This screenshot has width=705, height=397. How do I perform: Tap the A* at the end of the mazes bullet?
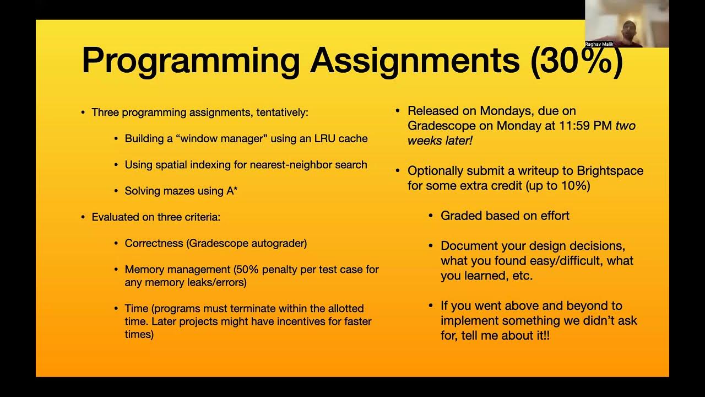pos(232,191)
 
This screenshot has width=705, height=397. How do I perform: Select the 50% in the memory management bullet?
pos(247,270)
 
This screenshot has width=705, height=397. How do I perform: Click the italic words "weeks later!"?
pos(440,141)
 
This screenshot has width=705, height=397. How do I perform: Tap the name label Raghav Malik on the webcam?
pos(599,44)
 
